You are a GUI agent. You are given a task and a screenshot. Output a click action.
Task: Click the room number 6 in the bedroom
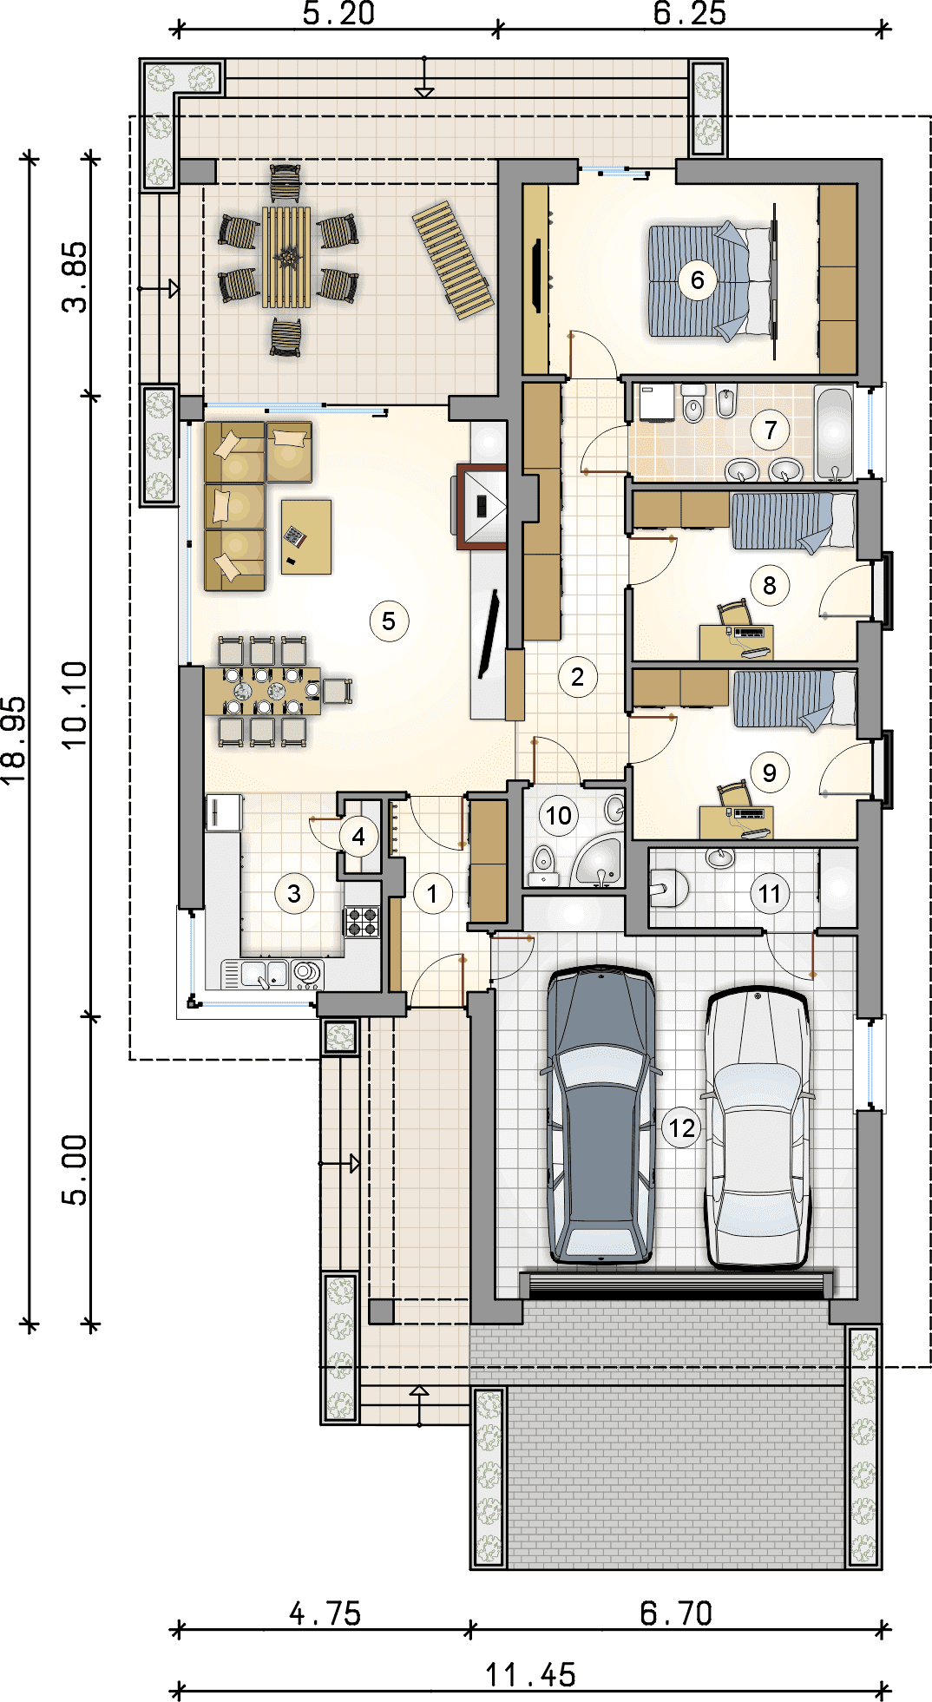(697, 280)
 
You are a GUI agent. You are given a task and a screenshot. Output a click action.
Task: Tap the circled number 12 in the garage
(682, 1127)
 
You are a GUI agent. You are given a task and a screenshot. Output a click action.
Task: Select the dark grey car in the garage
(601, 1114)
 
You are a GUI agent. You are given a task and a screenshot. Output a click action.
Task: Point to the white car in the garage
(758, 1127)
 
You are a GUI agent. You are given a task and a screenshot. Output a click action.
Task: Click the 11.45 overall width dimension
(530, 1675)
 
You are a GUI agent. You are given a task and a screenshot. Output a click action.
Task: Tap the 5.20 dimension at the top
(338, 14)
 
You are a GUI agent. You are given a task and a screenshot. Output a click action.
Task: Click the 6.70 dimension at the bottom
(676, 1613)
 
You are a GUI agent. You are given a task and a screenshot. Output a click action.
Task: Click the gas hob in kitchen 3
(362, 921)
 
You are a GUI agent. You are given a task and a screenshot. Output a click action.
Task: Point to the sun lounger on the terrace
(452, 260)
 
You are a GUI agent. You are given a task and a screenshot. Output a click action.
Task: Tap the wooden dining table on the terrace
(286, 257)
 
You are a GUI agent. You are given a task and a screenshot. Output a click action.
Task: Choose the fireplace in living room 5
(481, 507)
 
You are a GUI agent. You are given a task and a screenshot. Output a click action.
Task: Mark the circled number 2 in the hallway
(577, 677)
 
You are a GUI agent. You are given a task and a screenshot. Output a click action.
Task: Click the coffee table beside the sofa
(305, 536)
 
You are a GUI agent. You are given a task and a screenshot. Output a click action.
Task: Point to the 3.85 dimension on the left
(75, 277)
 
